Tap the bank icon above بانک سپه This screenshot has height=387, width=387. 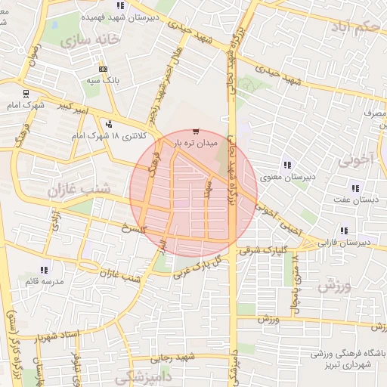click(103, 69)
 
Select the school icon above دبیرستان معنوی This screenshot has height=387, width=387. click(287, 165)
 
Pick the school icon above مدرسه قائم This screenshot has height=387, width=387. click(43, 270)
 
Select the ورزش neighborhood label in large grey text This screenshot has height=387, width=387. click(333, 286)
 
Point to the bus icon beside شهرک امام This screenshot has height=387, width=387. click(26, 94)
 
